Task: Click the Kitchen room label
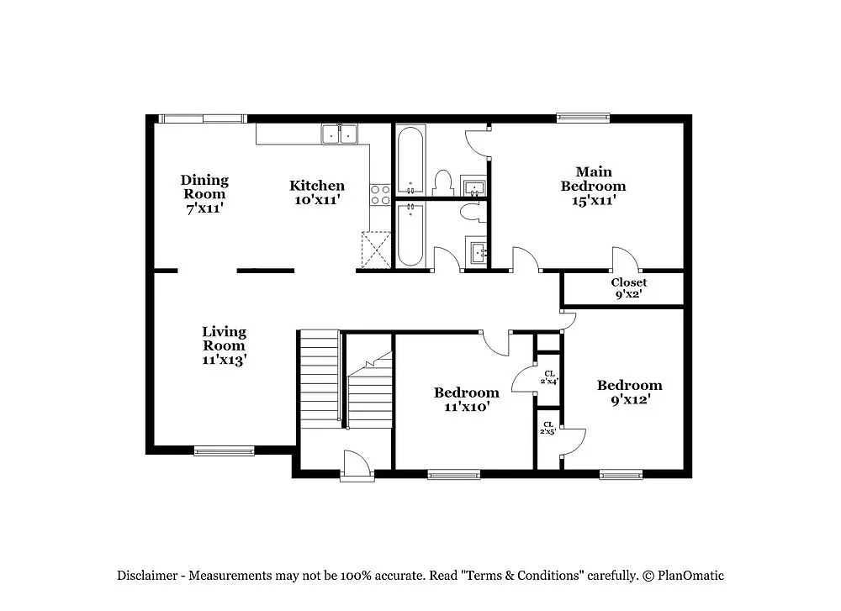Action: point(317,192)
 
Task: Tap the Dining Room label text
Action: point(204,193)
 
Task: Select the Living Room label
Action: point(224,345)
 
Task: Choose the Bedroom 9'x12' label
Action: point(629,392)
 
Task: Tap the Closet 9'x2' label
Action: point(628,288)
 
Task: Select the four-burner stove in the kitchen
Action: point(380,195)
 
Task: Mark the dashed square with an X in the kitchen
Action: point(376,250)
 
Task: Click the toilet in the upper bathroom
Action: point(442,182)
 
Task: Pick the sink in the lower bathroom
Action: point(476,251)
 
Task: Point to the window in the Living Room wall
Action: point(224,451)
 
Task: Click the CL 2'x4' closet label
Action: point(549,377)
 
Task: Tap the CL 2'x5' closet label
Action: point(548,428)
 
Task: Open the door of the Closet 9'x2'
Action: point(626,260)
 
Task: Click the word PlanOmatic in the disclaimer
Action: point(690,576)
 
